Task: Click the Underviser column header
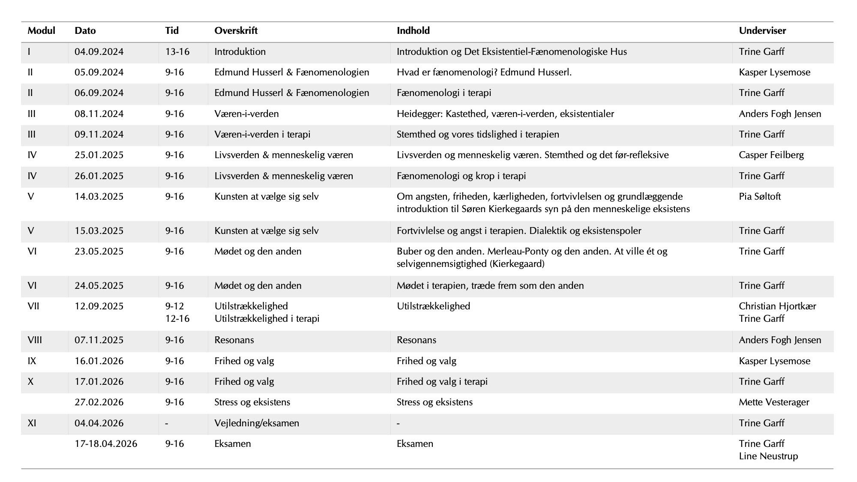click(762, 31)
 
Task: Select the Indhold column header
click(413, 31)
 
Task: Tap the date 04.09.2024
click(99, 52)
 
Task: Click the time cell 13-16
click(177, 52)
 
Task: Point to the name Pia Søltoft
click(760, 197)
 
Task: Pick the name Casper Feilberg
click(771, 155)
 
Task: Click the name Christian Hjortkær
click(777, 306)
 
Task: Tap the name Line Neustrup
click(768, 456)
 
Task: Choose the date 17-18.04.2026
click(106, 444)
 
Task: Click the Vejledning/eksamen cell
click(257, 423)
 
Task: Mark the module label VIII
click(35, 340)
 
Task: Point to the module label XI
click(32, 423)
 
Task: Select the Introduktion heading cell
click(240, 52)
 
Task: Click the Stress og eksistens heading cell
click(252, 402)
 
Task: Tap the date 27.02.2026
click(99, 402)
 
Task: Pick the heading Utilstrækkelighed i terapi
click(267, 319)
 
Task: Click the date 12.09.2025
click(99, 306)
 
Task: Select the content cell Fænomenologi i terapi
click(444, 93)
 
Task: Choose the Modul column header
click(42, 31)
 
